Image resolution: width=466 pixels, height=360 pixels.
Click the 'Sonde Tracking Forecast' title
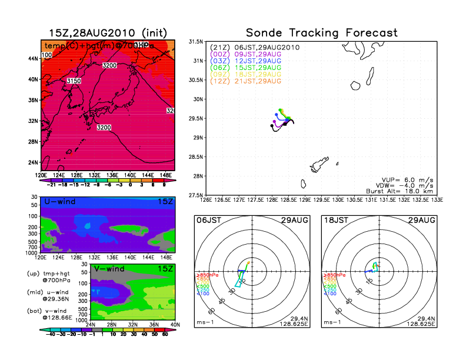321,33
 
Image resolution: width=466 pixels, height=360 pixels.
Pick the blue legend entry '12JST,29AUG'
257,61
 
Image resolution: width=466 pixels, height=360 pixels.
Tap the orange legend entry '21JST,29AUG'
257,81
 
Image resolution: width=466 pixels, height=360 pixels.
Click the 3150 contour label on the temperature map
74,81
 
